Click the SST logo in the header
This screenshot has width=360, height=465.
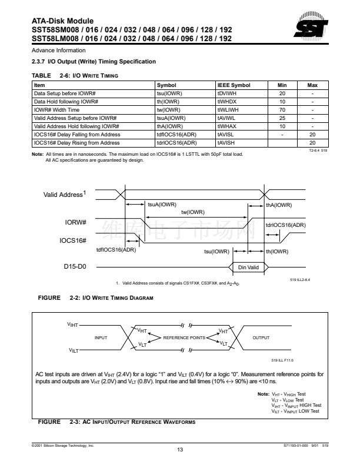tap(311, 25)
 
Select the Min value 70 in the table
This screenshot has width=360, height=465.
tap(282, 110)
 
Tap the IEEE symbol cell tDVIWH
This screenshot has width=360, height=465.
tap(226, 93)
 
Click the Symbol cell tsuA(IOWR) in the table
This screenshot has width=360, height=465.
tap(171, 118)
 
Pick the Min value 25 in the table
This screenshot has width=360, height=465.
tap(282, 118)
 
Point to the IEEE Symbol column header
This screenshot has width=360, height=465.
tap(234, 85)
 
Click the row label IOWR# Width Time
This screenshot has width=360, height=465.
tap(56, 110)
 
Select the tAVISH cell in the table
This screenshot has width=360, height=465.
tap(225, 143)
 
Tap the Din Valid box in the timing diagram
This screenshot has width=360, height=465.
tap(248, 267)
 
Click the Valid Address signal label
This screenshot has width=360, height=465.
tap(64, 194)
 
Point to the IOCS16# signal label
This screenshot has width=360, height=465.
tap(73, 240)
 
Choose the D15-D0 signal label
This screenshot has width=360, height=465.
tap(75, 266)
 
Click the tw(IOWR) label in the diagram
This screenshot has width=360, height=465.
tap(193, 212)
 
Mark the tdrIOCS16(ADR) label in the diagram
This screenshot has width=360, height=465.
tap(285, 225)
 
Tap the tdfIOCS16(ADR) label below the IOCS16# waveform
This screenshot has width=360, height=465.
tap(116, 250)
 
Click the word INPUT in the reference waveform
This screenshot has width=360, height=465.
tap(101, 338)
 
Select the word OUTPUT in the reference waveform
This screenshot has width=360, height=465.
tap(261, 338)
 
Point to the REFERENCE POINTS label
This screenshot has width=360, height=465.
tap(184, 338)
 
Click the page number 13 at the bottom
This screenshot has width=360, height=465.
tap(180, 450)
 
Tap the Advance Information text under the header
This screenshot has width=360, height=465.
tap(58, 51)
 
